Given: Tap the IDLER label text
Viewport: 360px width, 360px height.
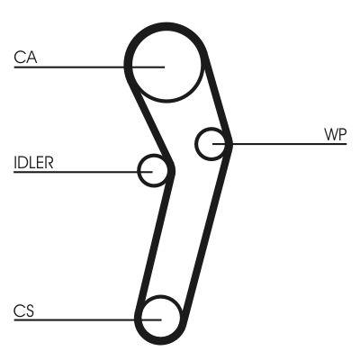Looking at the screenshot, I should click(33, 163).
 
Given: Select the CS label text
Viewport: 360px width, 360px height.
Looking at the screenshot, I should click(23, 310).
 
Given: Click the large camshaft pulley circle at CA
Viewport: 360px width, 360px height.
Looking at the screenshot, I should click(164, 65).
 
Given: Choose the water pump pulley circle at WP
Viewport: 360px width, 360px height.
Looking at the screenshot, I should click(211, 144).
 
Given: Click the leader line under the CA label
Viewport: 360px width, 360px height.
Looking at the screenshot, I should click(72, 66).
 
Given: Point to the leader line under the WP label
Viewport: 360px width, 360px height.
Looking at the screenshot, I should click(288, 142).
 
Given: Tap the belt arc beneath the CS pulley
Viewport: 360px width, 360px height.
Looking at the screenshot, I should click(160, 343).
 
